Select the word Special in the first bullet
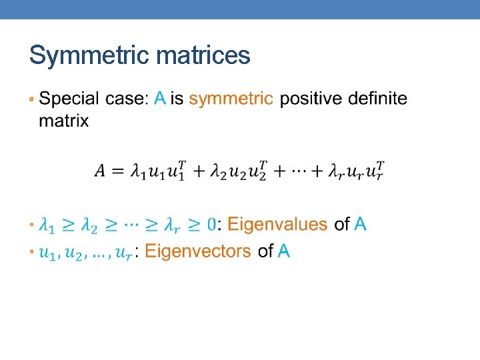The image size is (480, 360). coord(68,99)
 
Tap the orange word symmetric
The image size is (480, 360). coord(231,99)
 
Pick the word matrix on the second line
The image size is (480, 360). coord(63,121)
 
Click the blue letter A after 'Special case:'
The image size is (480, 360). coord(159,99)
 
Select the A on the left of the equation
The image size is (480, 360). coord(100,171)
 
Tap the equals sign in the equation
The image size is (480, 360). coord(118,171)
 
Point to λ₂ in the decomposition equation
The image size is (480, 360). coord(218,172)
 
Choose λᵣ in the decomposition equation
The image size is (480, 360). coord(337,172)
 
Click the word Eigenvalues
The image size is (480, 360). coord(277,225)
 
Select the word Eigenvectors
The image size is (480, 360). coord(197,251)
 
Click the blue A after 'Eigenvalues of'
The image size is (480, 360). coord(360,225)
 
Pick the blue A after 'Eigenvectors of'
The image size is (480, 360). coord(283,251)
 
